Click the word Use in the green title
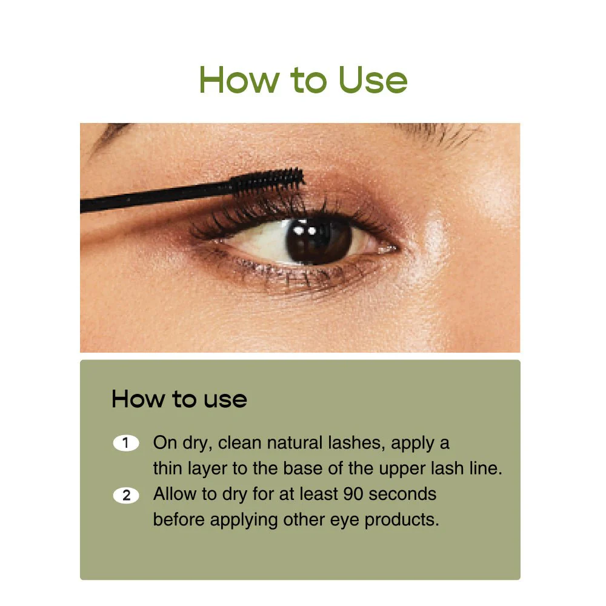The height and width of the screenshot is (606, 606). [373, 80]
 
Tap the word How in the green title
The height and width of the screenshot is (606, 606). [239, 80]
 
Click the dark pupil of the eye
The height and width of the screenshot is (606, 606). [317, 241]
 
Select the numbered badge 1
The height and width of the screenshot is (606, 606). [126, 443]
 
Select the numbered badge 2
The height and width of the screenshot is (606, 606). [126, 496]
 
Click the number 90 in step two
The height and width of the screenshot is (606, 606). [353, 494]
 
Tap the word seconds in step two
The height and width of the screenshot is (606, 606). [402, 494]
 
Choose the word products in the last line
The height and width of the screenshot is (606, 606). [401, 520]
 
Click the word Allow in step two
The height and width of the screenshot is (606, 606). [175, 494]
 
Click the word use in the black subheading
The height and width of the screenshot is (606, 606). [225, 400]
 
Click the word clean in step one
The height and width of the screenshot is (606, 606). [239, 443]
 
